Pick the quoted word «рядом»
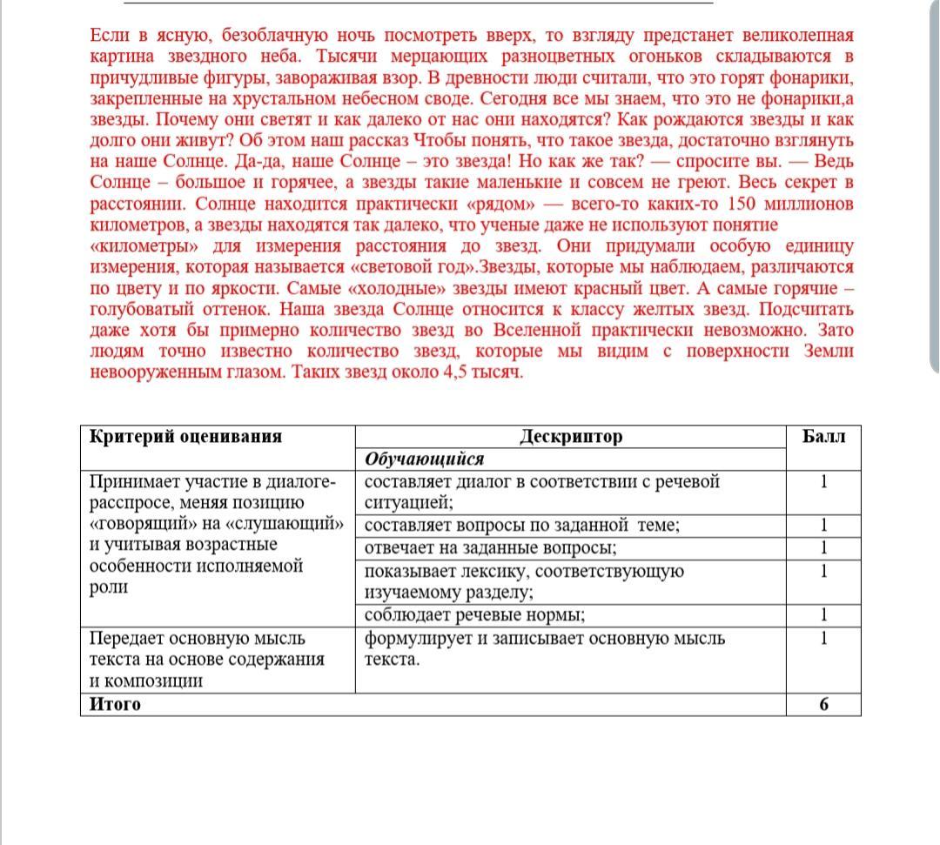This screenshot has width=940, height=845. (x=502, y=205)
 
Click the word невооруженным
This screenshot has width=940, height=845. (x=156, y=373)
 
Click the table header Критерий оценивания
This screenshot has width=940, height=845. (x=186, y=437)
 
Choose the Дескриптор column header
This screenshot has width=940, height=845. (x=571, y=437)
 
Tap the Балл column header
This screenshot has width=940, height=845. (x=822, y=437)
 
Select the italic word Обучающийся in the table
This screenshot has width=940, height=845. (x=424, y=459)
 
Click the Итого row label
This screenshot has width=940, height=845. (x=115, y=704)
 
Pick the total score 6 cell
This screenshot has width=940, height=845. (x=822, y=704)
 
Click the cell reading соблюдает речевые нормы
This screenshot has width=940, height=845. (x=474, y=615)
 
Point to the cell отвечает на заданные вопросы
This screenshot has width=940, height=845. (x=491, y=548)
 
